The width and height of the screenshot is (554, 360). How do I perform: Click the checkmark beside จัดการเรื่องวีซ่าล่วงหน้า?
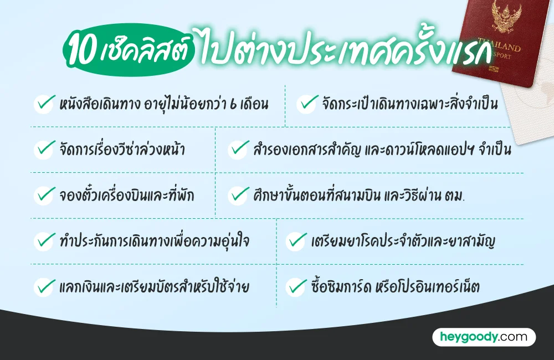point(44,149)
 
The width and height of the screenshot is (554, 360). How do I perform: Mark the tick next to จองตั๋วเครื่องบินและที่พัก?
point(44,194)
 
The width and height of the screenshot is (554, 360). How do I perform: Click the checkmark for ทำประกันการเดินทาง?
point(44,240)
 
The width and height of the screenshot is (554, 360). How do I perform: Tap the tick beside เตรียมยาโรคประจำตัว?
point(296,240)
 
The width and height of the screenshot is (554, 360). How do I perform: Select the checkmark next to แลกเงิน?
point(44,286)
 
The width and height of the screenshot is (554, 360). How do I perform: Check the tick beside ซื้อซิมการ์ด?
point(296,286)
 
